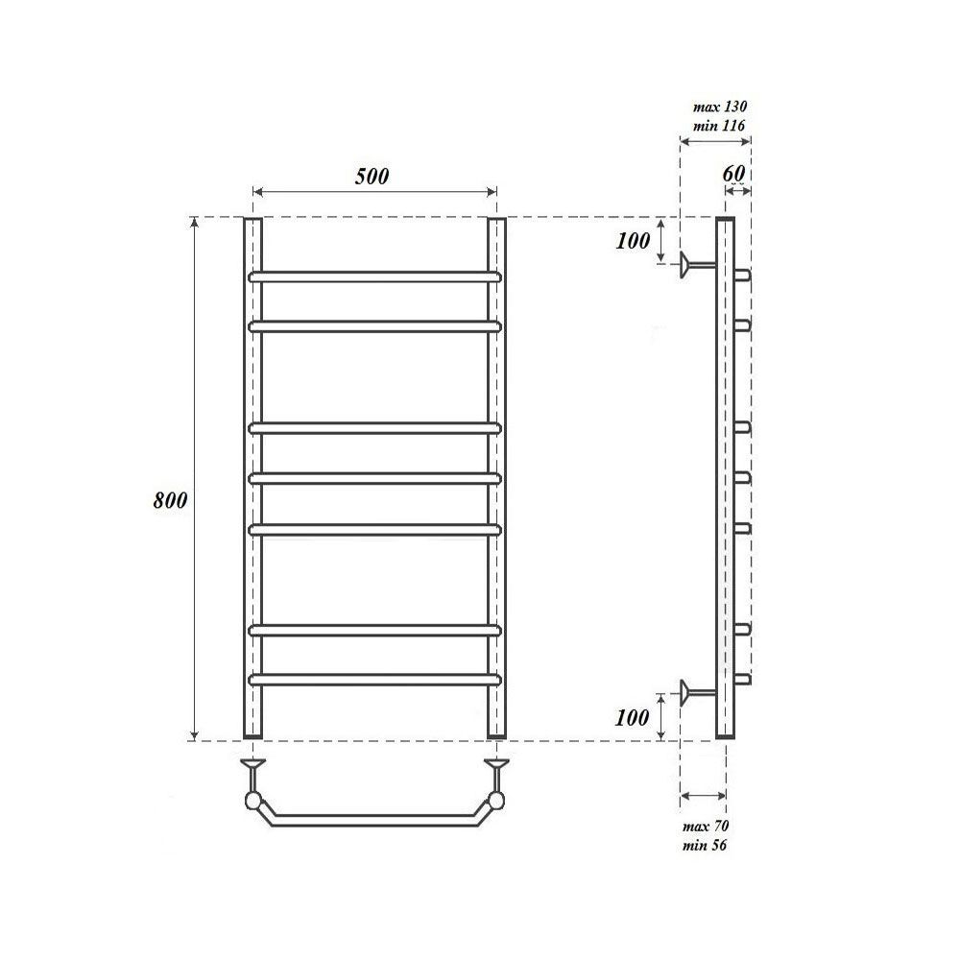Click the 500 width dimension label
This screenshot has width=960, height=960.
point(372,177)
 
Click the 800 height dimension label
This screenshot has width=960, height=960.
point(170,500)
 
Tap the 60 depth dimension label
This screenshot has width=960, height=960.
point(733,173)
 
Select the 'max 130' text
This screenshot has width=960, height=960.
point(720,107)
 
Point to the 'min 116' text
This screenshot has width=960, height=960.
point(719,126)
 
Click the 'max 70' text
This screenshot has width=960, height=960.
point(706,827)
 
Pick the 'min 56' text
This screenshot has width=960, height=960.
point(706,846)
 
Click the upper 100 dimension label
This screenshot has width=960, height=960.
point(633,241)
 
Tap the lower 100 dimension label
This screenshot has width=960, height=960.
point(632,717)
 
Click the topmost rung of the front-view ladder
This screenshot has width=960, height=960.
point(374,276)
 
